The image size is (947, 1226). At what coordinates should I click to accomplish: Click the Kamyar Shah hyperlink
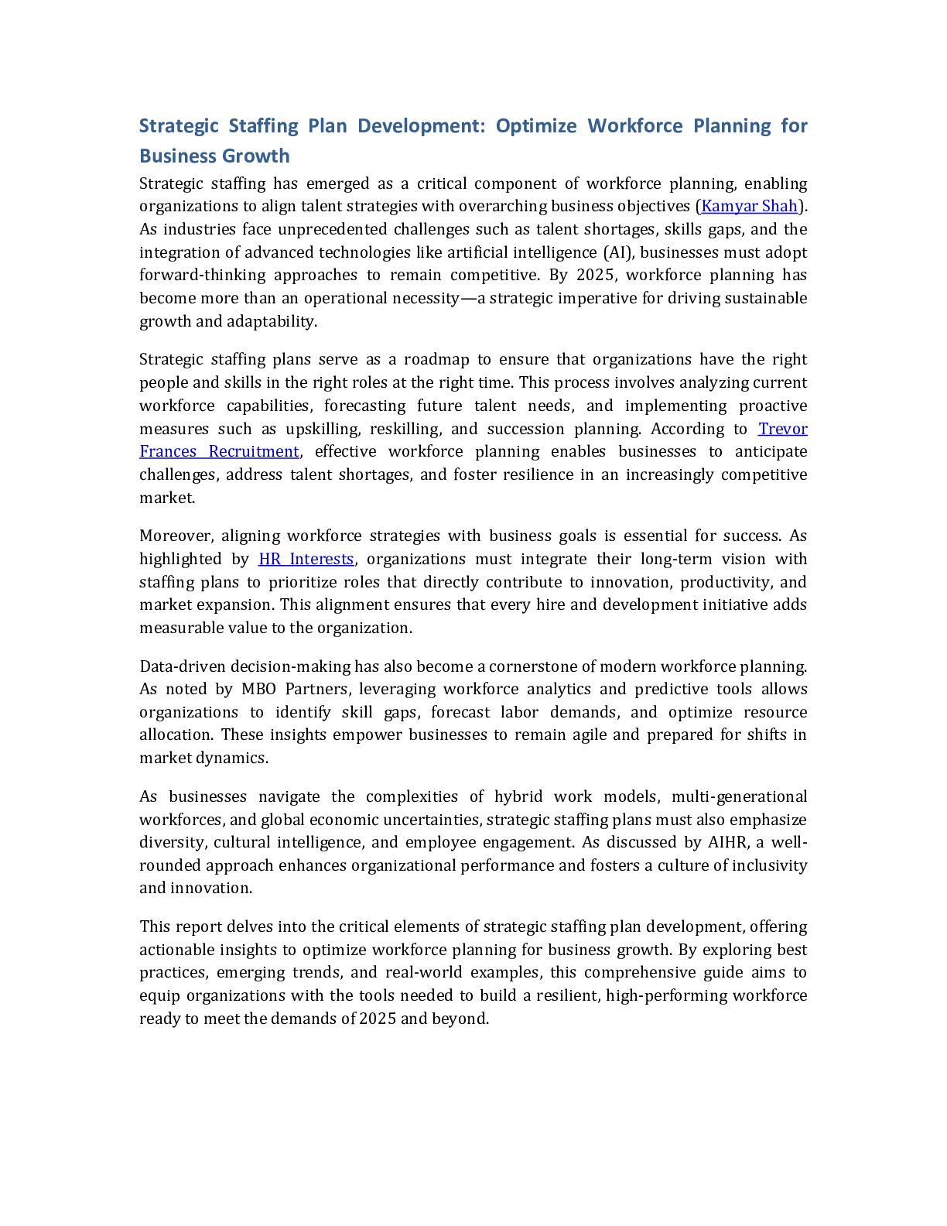coord(748,207)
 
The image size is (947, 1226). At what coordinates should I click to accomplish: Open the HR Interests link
coord(306,560)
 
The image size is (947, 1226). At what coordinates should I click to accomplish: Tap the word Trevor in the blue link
coord(782,430)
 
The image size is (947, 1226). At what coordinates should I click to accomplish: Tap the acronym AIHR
coord(726,843)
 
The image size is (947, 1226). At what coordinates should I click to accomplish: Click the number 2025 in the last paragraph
coord(378,1019)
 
